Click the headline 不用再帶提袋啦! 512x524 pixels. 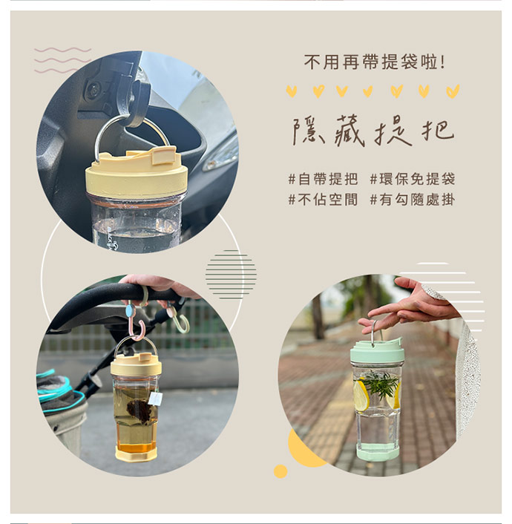point(374,62)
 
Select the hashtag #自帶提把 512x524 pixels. point(323,179)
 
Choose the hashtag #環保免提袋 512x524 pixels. point(413,179)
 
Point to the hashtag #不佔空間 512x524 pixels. point(323,200)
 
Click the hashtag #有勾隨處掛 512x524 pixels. point(413,200)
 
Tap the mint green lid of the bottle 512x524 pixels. point(378,351)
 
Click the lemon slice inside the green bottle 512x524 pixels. point(361,396)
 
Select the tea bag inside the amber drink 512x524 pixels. point(139,410)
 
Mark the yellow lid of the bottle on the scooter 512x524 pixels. point(137,173)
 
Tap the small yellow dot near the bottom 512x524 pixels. point(280,471)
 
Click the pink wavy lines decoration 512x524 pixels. point(62,60)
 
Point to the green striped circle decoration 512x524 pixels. point(231,275)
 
